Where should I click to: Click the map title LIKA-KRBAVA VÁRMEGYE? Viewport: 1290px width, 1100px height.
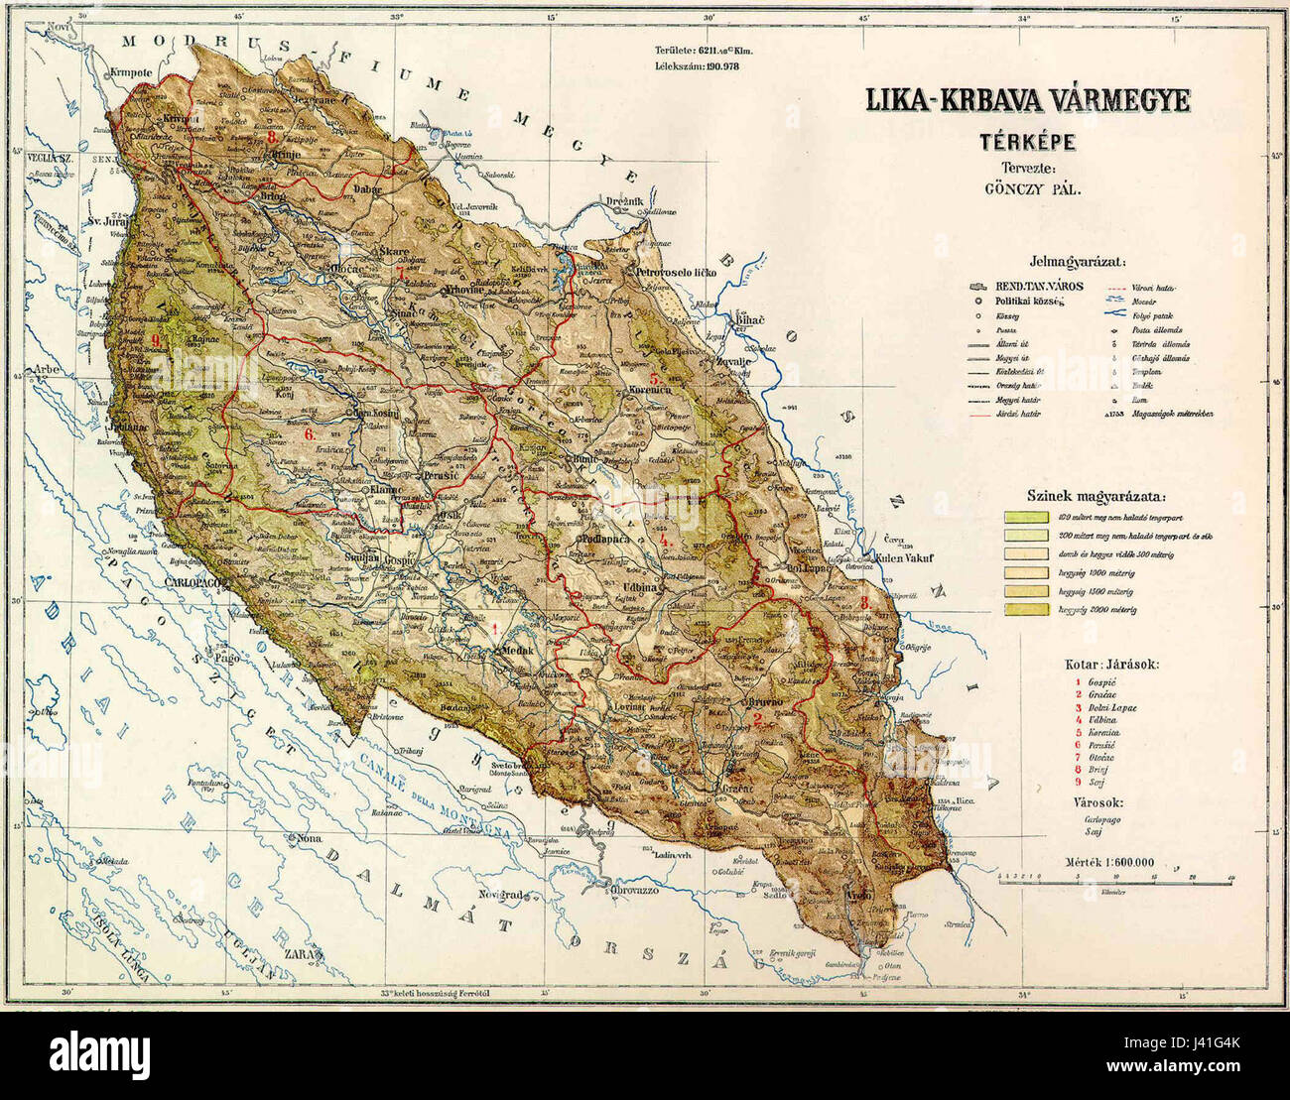pyautogui.click(x=1029, y=102)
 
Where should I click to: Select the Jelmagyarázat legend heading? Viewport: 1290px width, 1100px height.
pyautogui.click(x=1076, y=262)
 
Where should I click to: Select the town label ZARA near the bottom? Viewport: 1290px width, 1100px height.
pyautogui.click(x=308, y=953)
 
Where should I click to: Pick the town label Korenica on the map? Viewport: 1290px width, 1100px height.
pyautogui.click(x=650, y=391)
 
